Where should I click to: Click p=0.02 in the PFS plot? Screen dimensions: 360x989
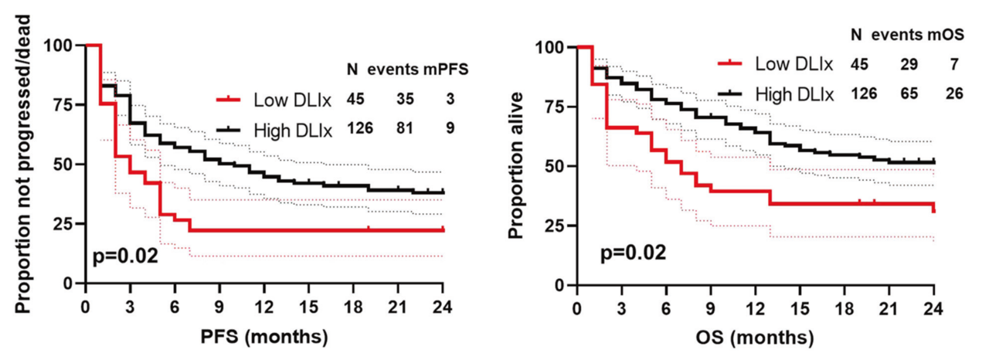click(126, 255)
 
